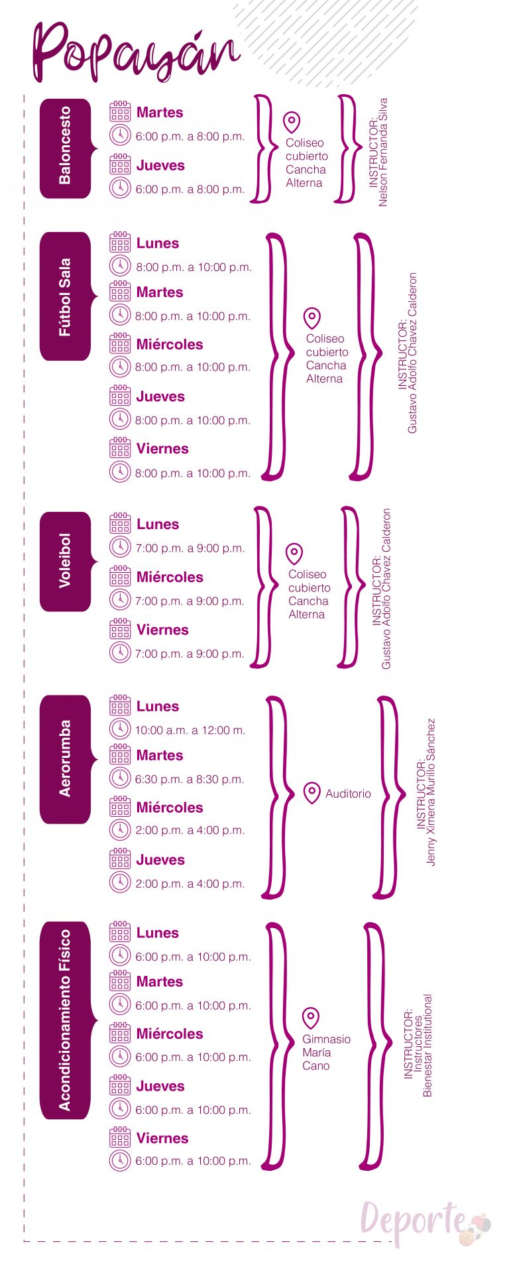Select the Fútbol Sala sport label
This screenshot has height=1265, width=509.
point(65,296)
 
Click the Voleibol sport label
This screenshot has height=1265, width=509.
point(65,561)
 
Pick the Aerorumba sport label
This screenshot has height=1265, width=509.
point(65,758)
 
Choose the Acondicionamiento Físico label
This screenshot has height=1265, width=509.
point(65,1020)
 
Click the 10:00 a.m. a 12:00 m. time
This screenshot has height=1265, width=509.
point(190,730)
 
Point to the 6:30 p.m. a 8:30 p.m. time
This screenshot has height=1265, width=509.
point(190,779)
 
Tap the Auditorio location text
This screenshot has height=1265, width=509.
point(348,794)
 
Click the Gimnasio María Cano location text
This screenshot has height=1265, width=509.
point(326,1052)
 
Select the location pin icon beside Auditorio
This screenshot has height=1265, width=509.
point(312,793)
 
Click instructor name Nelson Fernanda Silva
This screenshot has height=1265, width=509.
point(383,152)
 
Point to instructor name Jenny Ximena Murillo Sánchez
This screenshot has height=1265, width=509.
point(431,792)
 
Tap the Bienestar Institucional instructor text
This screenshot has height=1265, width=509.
point(427,1046)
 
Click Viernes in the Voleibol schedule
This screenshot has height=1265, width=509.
point(162,629)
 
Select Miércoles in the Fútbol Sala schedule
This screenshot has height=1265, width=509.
point(170,344)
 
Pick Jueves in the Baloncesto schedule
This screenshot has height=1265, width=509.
point(160,165)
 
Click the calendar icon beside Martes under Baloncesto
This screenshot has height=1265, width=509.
point(120,111)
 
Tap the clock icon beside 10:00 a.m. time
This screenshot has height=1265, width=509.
point(120,729)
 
